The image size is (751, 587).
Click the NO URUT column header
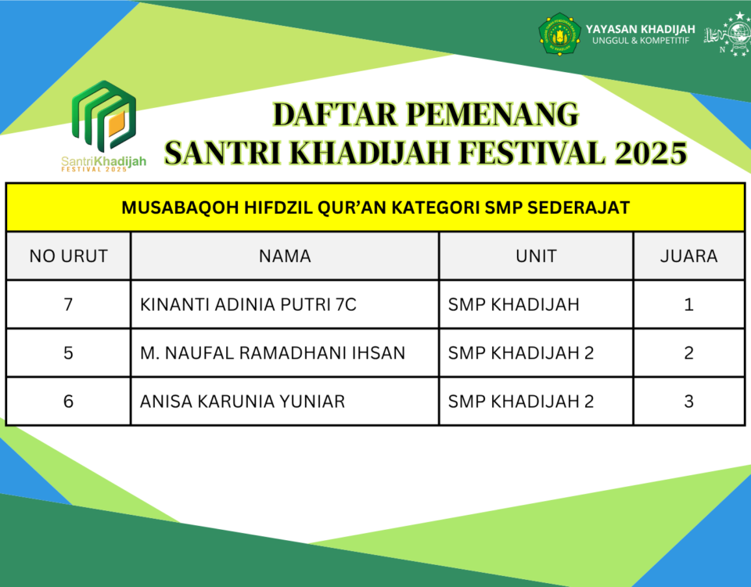coord(69,256)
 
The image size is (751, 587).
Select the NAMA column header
coord(285,256)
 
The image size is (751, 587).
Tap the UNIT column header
coord(536,256)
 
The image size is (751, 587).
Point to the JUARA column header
coord(688,256)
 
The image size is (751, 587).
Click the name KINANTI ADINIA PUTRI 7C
coord(248,304)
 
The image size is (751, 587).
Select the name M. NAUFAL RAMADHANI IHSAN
coord(272,353)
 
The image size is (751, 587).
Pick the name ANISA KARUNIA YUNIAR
coord(243,401)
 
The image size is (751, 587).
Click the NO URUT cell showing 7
coord(68,304)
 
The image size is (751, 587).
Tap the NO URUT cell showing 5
coord(68,353)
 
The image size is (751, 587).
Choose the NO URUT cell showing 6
coord(68,401)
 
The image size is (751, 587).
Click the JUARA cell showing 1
coord(688,304)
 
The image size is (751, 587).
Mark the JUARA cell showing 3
coord(688,401)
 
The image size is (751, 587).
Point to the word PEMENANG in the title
coord(492,114)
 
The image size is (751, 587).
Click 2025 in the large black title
coord(651,153)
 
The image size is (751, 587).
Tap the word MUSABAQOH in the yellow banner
coord(180,207)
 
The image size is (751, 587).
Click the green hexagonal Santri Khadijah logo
coord(104,116)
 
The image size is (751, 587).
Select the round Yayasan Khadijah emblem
coord(559,34)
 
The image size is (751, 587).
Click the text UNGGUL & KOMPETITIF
coord(641,41)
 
